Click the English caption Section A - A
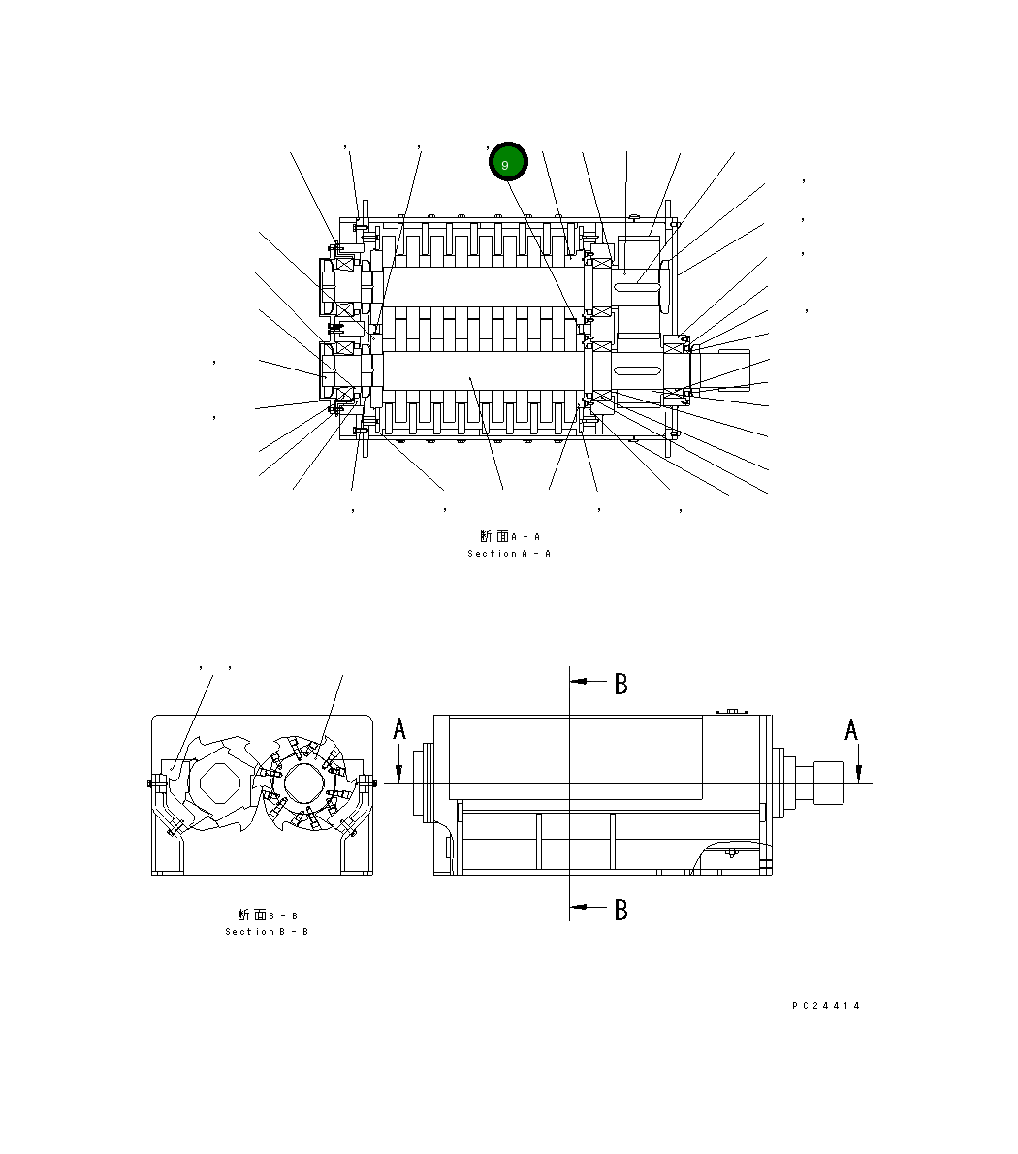click(x=509, y=554)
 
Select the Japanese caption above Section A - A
click(x=509, y=536)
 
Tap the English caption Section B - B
click(x=267, y=932)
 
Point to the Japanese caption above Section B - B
click(x=267, y=914)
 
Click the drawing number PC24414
click(x=825, y=1006)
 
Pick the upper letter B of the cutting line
click(x=620, y=685)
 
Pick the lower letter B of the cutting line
click(x=620, y=910)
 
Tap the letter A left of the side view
click(x=399, y=730)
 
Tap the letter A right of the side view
click(x=851, y=730)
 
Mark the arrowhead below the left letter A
click(x=399, y=771)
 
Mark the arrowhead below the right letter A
click(x=858, y=771)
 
